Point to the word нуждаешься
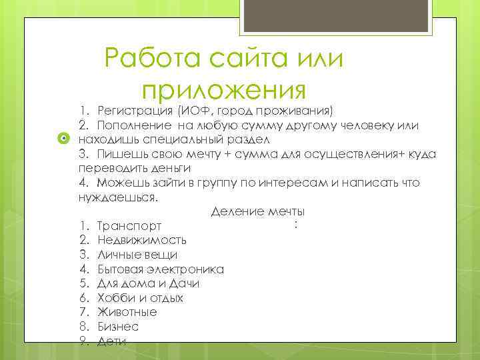point(117,197)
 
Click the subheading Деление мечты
point(257,212)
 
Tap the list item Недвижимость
point(141,240)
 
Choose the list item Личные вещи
point(137,255)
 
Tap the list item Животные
point(127,312)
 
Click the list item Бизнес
point(117,327)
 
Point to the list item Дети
point(111,341)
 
